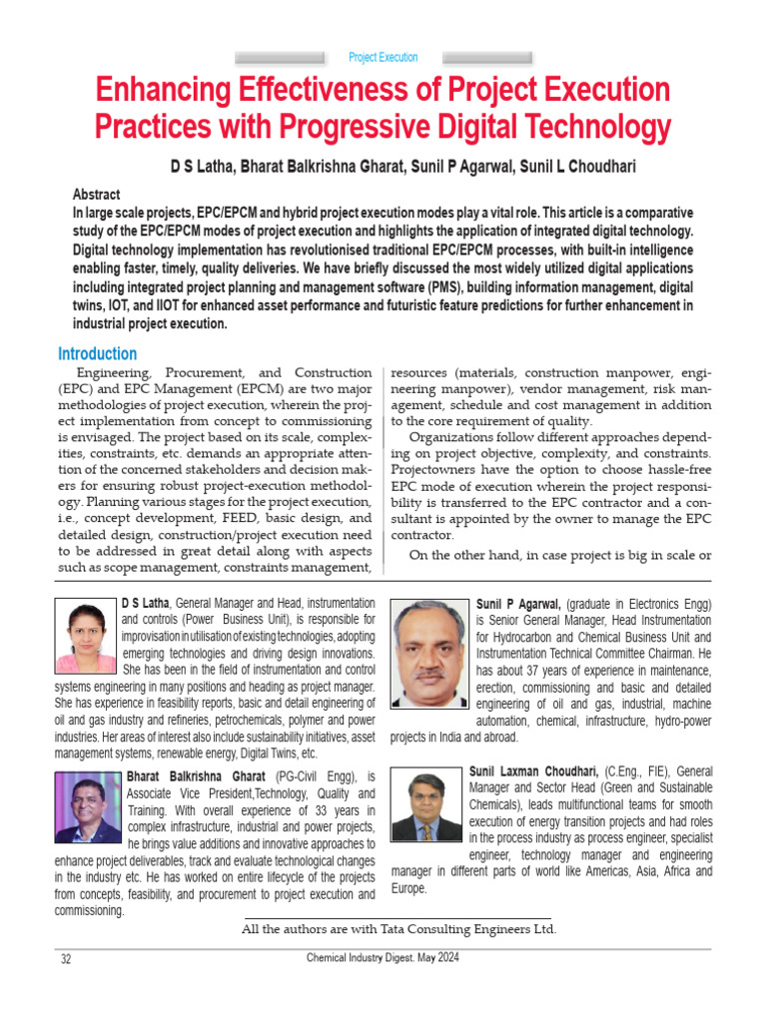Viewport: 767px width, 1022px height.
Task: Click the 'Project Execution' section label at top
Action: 383,58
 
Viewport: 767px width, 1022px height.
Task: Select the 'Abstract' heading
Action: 96,196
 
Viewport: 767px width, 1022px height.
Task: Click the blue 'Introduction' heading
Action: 97,353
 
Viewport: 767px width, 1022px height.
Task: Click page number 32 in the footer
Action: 66,959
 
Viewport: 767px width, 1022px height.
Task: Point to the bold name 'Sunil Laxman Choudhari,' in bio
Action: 533,771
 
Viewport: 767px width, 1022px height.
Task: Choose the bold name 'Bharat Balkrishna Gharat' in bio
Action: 196,776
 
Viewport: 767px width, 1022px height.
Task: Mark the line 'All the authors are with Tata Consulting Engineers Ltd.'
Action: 398,929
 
